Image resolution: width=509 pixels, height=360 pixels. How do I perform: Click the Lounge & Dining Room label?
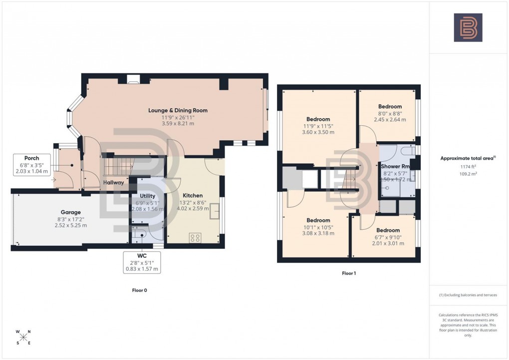coord(178,110)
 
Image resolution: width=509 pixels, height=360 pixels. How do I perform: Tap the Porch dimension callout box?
coord(32,165)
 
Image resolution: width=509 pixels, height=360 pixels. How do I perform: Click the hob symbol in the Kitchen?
coord(195,238)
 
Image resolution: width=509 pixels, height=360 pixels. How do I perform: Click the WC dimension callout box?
coord(142,262)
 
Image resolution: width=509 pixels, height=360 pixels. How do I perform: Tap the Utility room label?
coord(147,196)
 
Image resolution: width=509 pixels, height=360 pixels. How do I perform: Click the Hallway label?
coord(114,183)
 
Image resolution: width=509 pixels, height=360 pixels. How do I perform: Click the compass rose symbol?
coord(23,337)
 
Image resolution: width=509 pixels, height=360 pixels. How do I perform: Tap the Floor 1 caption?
coord(348,273)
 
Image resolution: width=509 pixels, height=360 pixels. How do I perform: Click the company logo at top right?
coord(468,27)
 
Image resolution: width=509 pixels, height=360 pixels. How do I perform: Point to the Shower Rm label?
coord(395,166)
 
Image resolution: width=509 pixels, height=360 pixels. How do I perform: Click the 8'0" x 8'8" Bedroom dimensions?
coord(390,113)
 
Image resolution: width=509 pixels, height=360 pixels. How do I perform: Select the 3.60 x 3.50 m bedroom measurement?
coord(318,132)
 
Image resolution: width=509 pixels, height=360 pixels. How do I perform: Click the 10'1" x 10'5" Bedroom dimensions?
coord(318,227)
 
